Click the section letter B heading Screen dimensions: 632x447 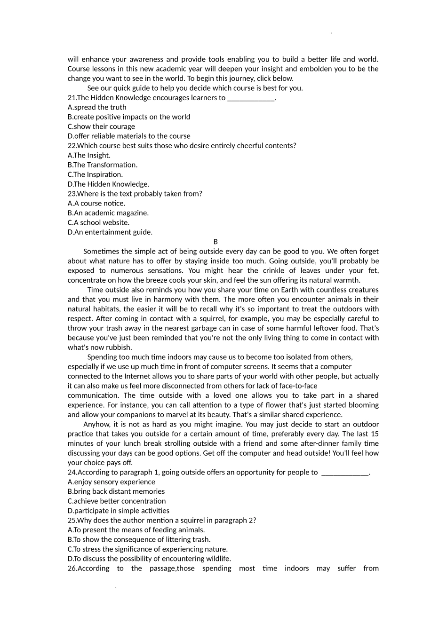216,242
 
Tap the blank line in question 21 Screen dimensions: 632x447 250,99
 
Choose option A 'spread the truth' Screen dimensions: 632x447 97,107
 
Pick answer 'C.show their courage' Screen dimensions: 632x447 101,126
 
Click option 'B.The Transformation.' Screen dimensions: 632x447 103,165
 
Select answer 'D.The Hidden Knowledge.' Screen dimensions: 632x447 108,184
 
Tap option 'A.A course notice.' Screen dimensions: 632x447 96,204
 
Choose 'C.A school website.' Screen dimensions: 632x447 98,223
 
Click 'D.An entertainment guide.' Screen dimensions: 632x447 110,232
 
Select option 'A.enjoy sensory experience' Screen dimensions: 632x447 111,482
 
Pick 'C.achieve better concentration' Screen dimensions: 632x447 117,501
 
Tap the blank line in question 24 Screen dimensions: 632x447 345,474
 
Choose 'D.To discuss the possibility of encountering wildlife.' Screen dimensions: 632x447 149,559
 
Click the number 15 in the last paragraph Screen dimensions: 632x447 375,434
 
